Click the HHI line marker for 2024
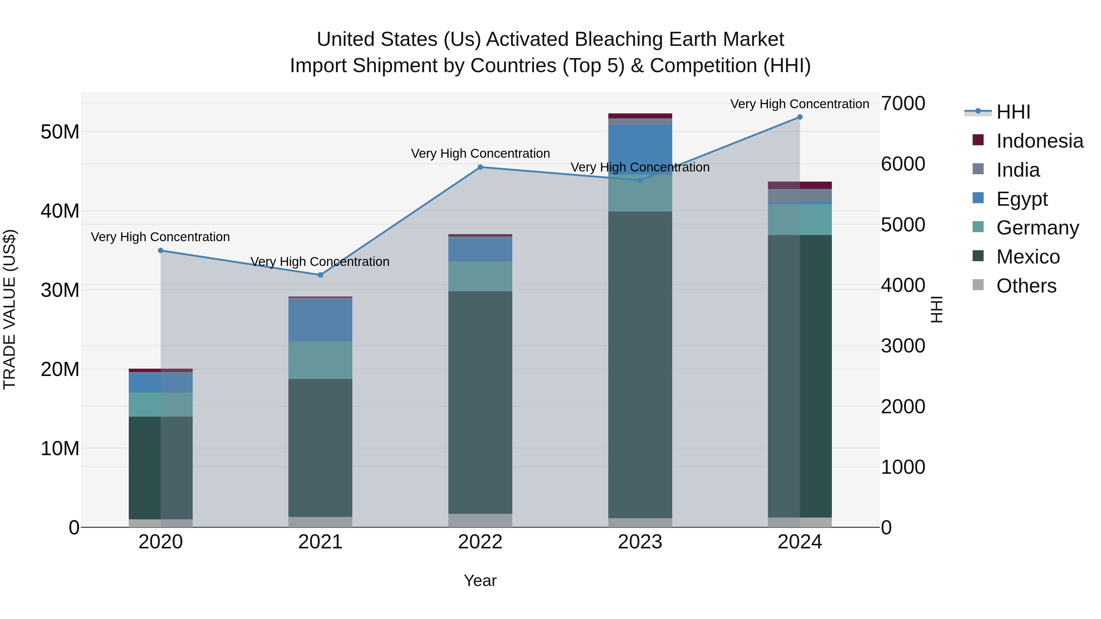(800, 117)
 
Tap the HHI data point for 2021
(321, 275)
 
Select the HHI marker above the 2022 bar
(480, 167)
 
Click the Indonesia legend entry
(1040, 141)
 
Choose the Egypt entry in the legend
(1021, 199)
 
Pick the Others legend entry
(1026, 286)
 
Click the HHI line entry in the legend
(1013, 112)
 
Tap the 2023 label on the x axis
(640, 542)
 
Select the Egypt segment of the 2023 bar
(640, 149)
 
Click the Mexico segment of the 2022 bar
(480, 402)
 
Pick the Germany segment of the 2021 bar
(321, 360)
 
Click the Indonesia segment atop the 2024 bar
(800, 185)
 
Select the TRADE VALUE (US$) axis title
(9, 309)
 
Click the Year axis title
(480, 580)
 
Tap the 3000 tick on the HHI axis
(903, 346)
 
